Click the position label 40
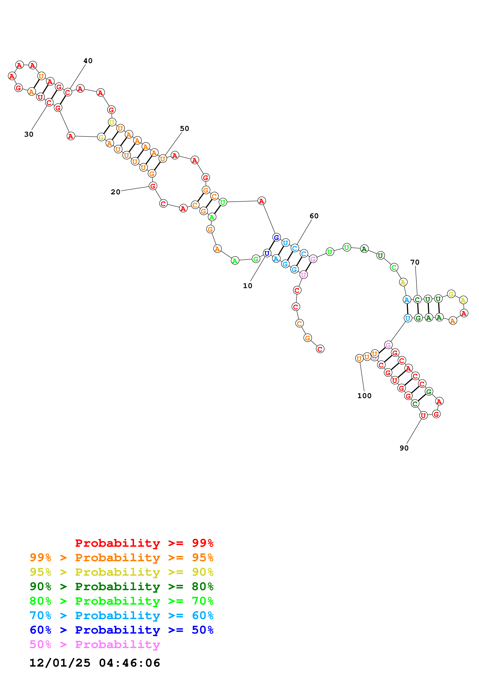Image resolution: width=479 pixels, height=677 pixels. coord(88,61)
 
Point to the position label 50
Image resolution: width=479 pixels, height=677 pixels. coord(185,129)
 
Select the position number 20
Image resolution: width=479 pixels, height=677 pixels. coord(115,192)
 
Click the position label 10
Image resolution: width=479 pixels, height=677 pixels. coord(248,286)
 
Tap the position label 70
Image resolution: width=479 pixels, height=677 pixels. coord(415,262)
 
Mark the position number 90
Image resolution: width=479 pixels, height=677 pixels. coord(404,448)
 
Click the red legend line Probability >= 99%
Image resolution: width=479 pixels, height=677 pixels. coord(144,543)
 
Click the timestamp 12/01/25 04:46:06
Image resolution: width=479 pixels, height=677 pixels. coord(95,663)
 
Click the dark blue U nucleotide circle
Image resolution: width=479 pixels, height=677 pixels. coord(267,253)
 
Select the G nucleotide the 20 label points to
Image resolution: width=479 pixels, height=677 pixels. coord(153,186)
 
